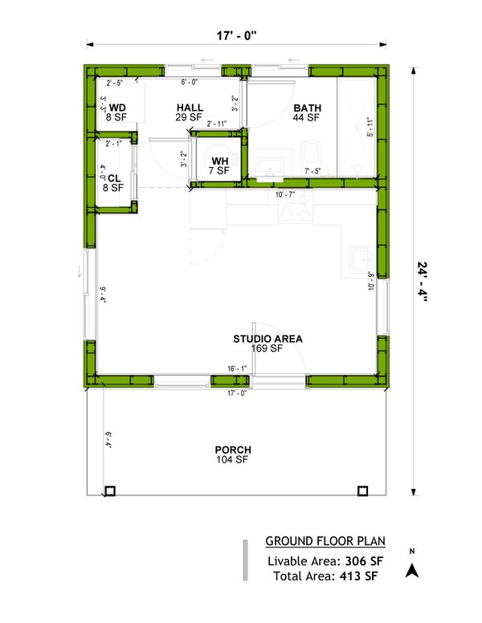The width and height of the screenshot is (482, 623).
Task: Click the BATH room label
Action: (307, 108)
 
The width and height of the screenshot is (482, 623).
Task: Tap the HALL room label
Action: (190, 108)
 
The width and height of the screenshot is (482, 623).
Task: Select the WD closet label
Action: (117, 108)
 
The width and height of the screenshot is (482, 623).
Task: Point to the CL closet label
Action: (113, 178)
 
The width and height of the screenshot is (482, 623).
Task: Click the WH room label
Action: (220, 161)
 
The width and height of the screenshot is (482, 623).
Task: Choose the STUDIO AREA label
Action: (268, 339)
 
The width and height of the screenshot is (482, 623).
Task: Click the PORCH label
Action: (233, 450)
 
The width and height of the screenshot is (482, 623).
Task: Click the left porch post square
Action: (111, 491)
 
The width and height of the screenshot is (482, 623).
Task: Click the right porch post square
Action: (362, 491)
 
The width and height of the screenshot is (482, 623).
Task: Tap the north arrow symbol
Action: (413, 570)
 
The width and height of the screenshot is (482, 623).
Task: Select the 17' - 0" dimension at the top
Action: (237, 35)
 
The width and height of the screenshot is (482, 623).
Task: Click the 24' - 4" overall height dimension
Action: (423, 279)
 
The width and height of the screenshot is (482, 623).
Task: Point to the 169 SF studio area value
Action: (268, 349)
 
